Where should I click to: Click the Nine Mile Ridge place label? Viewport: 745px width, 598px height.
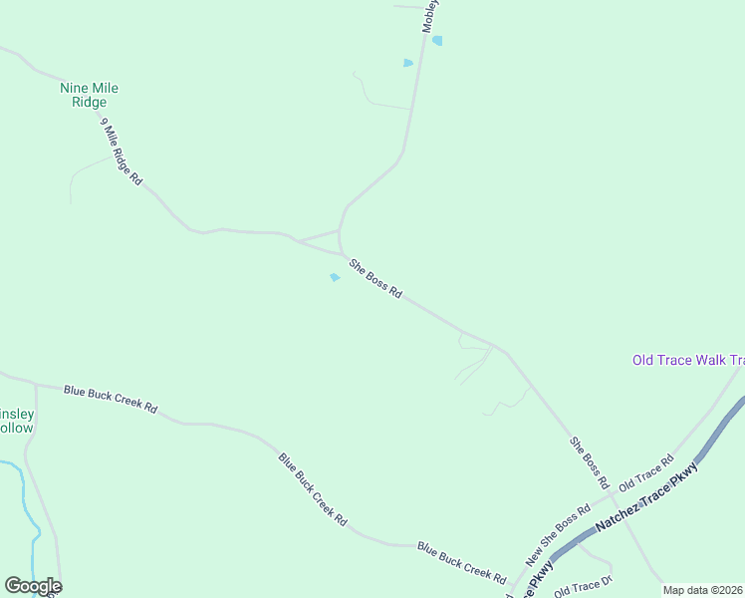[90, 95]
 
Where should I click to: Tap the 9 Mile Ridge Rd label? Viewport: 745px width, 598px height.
[122, 152]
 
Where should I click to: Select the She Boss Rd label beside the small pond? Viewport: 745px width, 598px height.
[375, 279]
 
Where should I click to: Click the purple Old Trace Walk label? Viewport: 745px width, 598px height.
[688, 360]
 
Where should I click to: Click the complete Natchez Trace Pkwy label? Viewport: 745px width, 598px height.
[648, 497]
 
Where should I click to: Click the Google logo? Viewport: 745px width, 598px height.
[33, 586]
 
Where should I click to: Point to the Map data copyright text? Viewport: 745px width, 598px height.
[703, 590]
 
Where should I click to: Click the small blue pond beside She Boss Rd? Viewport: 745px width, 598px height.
[335, 277]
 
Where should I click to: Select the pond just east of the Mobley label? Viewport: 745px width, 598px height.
[437, 41]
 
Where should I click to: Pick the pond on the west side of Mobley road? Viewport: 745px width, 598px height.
[407, 63]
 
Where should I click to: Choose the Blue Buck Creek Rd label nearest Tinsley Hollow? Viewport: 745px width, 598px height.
[111, 399]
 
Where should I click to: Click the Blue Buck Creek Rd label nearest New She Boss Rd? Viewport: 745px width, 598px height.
[461, 561]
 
